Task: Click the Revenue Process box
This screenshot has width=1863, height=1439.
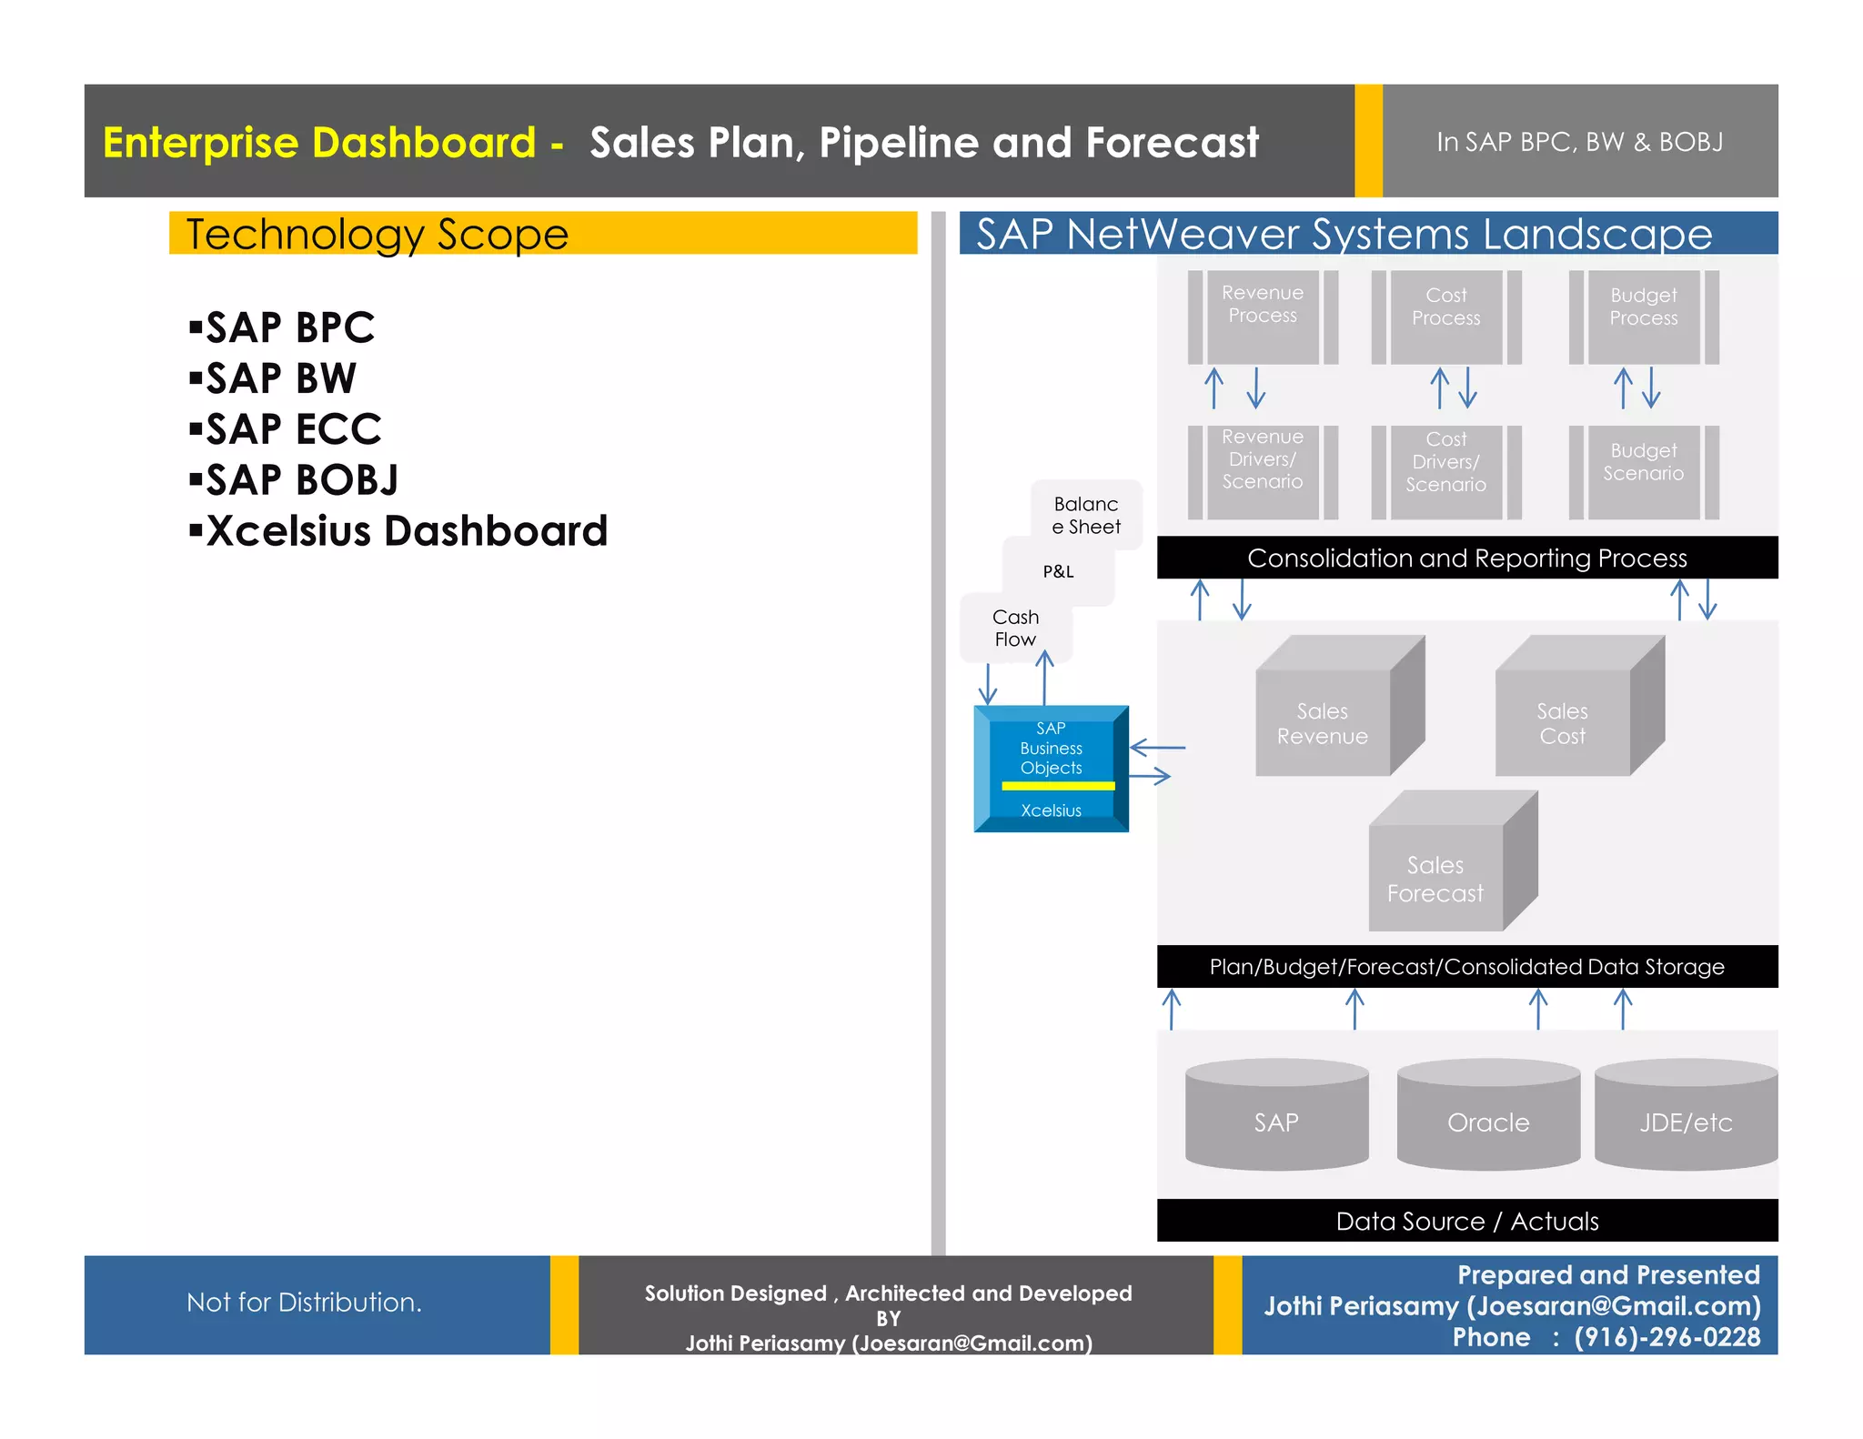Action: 1262,316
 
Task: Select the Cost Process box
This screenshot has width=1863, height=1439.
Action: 1445,317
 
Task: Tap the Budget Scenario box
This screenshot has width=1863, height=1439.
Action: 1643,471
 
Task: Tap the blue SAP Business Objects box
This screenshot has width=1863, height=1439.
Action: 1051,769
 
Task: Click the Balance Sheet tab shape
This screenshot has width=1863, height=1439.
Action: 1086,515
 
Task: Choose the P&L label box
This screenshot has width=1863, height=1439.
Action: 1058,572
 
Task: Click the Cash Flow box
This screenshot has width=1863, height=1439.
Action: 1015,629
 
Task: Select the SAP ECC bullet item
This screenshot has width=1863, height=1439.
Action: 293,429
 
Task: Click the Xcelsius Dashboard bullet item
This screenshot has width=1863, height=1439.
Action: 406,531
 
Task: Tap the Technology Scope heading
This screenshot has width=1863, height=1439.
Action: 378,235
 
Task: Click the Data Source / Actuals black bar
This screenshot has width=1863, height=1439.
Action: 1466,1221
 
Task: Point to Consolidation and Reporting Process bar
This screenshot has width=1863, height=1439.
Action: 1466,558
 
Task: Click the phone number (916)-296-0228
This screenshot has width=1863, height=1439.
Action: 1667,1337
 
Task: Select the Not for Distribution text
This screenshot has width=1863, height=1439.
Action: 304,1303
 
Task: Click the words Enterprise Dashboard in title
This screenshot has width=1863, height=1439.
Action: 319,143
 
